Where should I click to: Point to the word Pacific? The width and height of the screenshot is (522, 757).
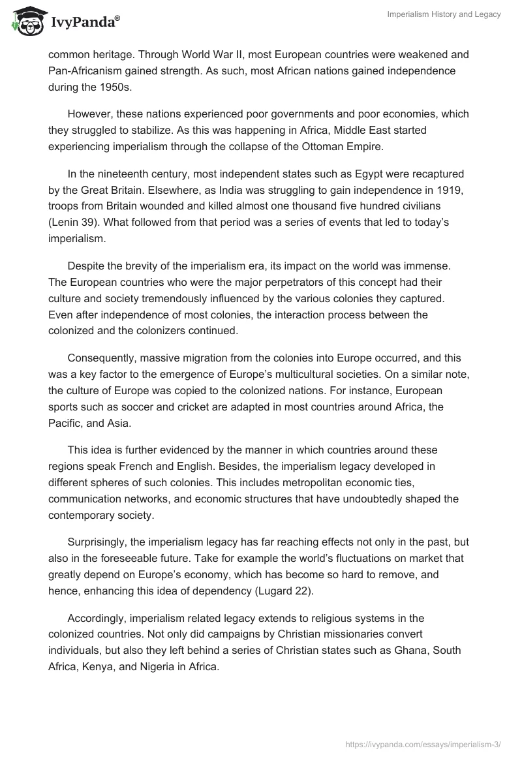pyautogui.click(x=66, y=424)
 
